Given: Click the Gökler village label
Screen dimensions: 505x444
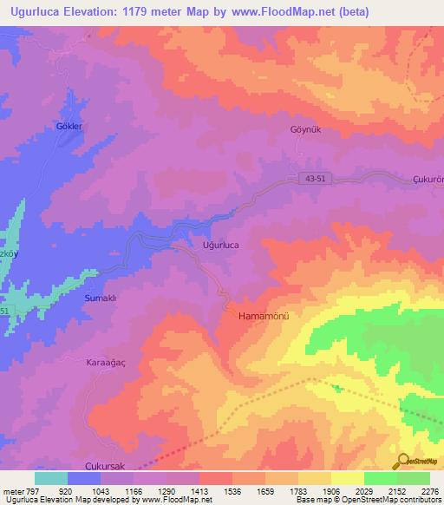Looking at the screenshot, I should coord(69,127).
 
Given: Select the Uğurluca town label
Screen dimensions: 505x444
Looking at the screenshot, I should coord(220,246).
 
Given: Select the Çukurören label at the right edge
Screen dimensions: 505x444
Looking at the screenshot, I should coord(427,180).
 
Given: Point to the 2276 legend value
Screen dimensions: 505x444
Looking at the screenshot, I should coord(428,491).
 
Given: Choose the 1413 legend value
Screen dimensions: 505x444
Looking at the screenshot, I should coord(199,491).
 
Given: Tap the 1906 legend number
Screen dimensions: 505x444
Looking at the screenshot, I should coord(330,491).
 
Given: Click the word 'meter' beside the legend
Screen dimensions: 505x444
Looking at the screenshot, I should coord(14,491).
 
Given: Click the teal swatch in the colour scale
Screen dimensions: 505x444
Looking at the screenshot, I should coord(51,478).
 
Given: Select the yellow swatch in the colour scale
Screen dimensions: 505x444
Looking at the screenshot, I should coord(348,478).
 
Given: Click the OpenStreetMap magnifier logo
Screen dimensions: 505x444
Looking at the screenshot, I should coord(402,461).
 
